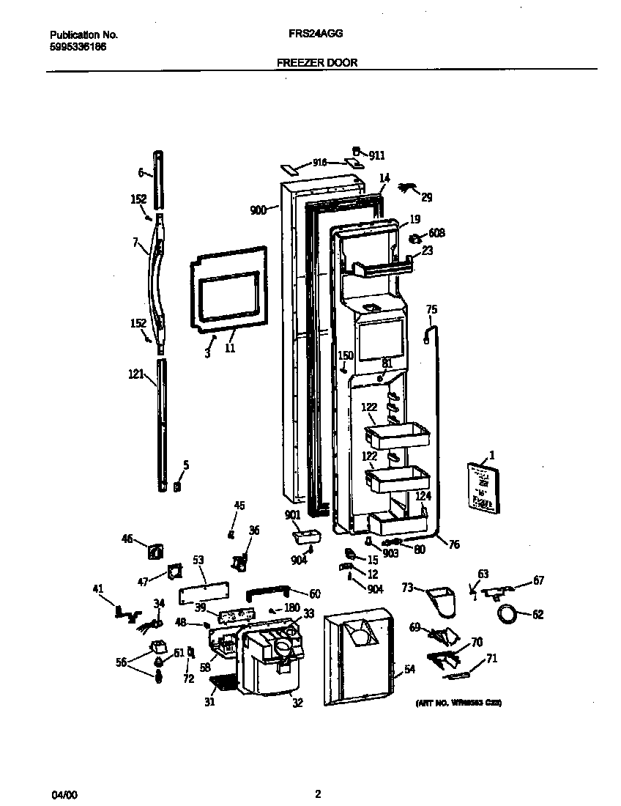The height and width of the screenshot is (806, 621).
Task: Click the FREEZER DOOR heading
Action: coord(317,63)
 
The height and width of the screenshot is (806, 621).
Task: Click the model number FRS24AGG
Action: coord(316,34)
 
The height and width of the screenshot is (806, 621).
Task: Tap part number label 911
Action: coord(376,155)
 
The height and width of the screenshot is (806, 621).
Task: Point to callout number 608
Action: coord(436,234)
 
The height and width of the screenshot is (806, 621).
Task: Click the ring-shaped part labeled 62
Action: coord(506,614)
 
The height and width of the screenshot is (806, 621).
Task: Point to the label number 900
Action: coord(258,210)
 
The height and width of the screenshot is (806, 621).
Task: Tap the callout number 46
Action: coord(127,539)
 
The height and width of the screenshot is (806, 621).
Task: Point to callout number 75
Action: coord(431,310)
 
